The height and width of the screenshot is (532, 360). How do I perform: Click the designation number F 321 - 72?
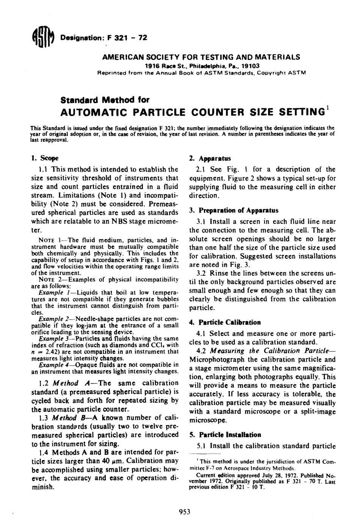(x=127, y=38)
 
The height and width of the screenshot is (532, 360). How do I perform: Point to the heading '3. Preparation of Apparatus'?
(x=233, y=210)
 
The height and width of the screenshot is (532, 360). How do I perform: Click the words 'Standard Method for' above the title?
(x=105, y=100)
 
